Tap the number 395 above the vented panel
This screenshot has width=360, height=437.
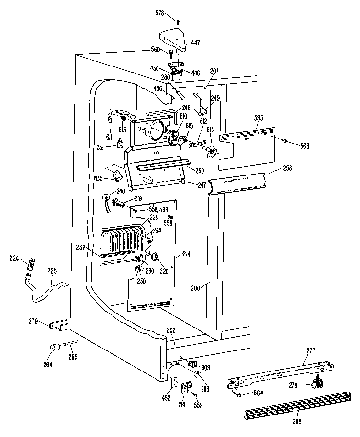pos(260,118)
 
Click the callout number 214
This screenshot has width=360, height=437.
pos(186,254)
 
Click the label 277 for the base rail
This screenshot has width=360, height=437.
pos(311,350)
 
